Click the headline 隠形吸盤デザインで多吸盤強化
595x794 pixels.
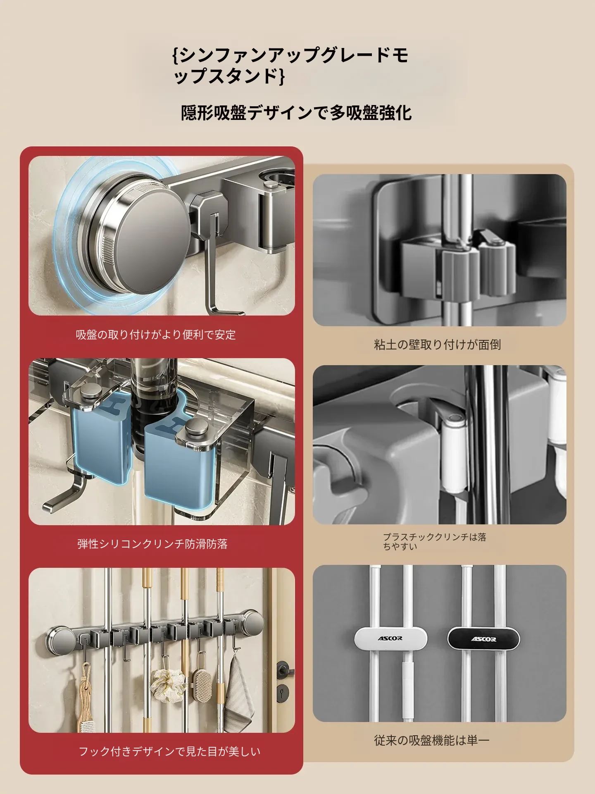[296, 113]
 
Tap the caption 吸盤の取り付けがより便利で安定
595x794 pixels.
[156, 335]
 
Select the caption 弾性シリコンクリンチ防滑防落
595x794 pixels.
[152, 544]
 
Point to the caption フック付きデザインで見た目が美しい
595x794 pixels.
[169, 751]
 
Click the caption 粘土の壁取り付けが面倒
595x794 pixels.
[437, 344]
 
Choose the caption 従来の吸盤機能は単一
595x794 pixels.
[431, 740]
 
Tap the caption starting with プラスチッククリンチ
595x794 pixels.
[434, 541]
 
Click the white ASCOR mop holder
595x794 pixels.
[390, 639]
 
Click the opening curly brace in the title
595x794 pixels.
[176, 55]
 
